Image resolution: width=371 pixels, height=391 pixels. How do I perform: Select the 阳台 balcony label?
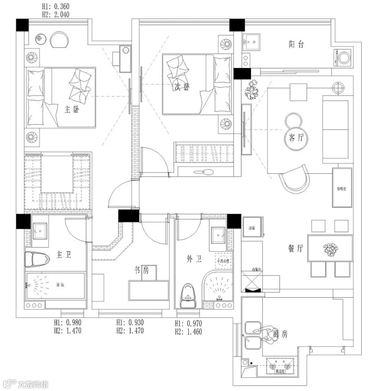click(x=296, y=44)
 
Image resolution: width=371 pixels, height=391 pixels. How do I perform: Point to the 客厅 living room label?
click(x=296, y=138)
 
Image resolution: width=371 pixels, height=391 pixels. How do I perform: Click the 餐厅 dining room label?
click(x=295, y=249)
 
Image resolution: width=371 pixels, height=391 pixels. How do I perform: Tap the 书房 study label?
click(x=141, y=270)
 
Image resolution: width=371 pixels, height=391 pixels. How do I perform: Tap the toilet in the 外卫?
click(x=188, y=295)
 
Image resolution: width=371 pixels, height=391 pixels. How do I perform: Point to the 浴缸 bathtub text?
click(x=60, y=284)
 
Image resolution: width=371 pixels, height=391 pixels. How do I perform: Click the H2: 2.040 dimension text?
click(x=55, y=14)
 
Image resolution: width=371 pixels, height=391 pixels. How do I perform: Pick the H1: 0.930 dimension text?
click(x=130, y=322)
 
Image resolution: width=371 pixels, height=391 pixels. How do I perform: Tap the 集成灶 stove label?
click(x=280, y=371)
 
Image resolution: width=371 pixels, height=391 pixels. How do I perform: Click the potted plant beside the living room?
click(x=253, y=90)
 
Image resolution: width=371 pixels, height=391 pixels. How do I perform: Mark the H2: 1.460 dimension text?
click(x=188, y=332)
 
